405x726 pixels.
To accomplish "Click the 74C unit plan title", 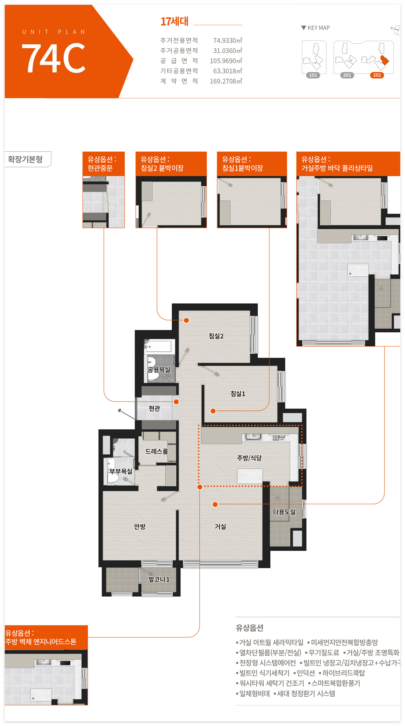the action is tap(53, 58).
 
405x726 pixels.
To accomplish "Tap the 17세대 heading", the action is tap(174, 22).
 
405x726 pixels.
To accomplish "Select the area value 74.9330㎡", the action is tap(228, 40).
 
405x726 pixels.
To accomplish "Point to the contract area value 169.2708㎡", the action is tap(226, 81).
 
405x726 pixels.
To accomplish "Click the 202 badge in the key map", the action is tap(377, 75).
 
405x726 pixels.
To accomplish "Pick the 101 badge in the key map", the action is tap(313, 75).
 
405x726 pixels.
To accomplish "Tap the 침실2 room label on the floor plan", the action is tap(216, 336).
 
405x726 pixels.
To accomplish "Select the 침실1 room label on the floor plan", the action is tap(238, 394).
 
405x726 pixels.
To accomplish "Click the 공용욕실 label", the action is tap(159, 370).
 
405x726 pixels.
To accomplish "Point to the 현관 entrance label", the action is tap(154, 408).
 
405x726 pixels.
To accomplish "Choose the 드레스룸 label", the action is tap(157, 451).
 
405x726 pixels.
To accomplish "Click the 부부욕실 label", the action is tap(121, 471).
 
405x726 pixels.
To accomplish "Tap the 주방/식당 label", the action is tap(249, 458).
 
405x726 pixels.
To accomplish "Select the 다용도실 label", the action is tap(284, 512).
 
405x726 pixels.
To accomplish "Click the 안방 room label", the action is tap(140, 527).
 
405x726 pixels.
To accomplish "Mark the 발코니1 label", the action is tap(159, 579).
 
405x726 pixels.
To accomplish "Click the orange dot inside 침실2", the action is tap(186, 320).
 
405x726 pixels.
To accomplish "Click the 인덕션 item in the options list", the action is tap(306, 673).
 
